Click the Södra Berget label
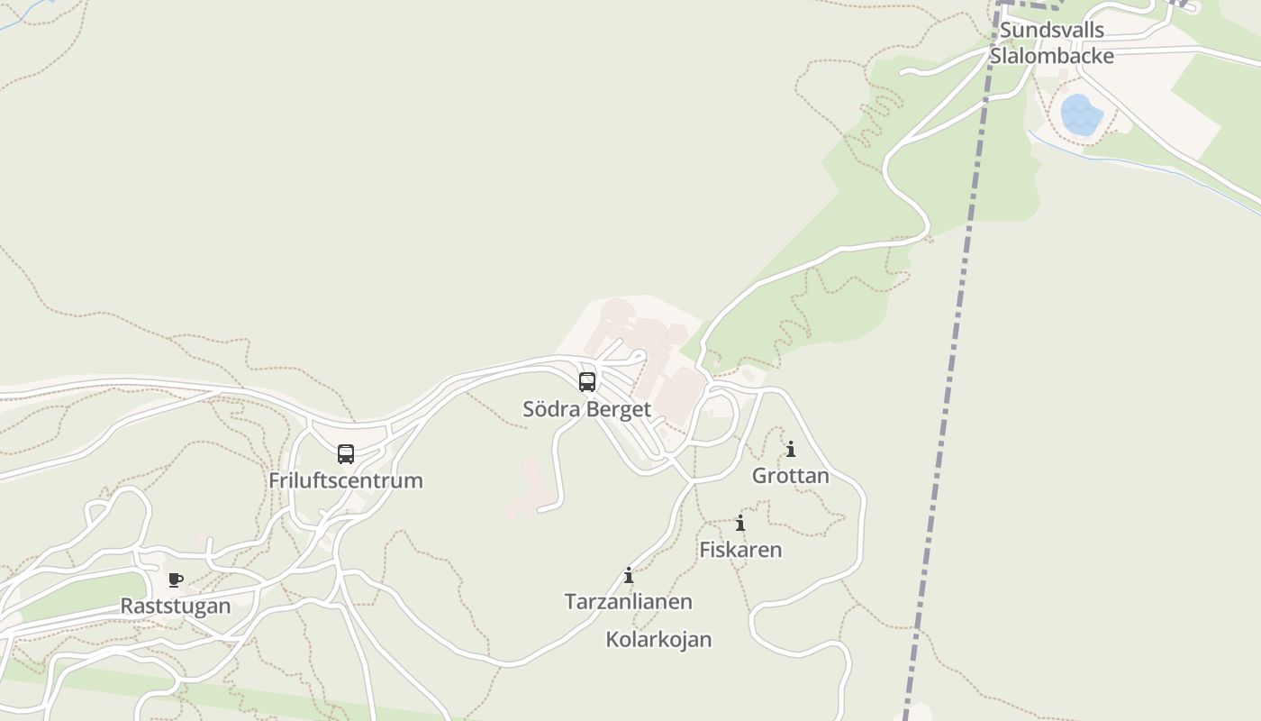[586, 409]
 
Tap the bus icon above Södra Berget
[587, 382]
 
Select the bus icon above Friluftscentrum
[346, 454]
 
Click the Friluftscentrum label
[346, 480]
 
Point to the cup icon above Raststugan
[176, 580]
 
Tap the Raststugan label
[176, 606]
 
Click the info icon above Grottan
[791, 449]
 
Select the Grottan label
[791, 476]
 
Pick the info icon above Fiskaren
[740, 523]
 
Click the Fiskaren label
[740, 550]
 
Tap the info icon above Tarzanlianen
[629, 575]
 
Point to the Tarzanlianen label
[629, 601]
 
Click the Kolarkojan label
[658, 640]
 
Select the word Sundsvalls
[1052, 30]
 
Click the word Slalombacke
[1052, 56]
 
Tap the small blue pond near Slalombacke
[1081, 115]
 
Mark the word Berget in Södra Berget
[619, 409]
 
